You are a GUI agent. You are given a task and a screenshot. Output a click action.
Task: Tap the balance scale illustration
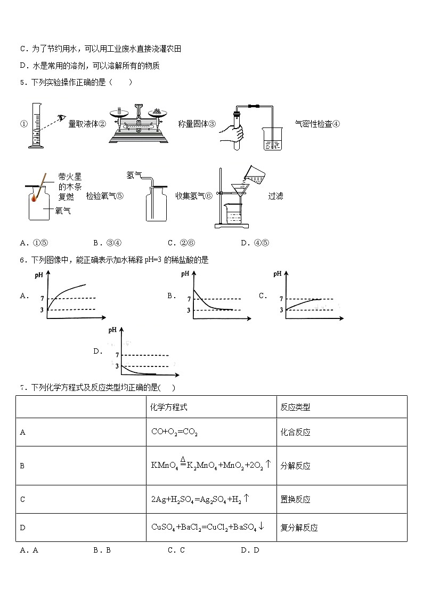[x=138, y=125]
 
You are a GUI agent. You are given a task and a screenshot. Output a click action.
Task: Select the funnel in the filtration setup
[x=240, y=190]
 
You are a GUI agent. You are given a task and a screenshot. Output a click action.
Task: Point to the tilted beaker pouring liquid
[x=254, y=175]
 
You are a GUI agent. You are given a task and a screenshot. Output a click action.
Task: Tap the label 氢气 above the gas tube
[x=134, y=174]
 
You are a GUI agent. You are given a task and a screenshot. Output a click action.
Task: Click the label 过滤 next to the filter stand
[x=275, y=196]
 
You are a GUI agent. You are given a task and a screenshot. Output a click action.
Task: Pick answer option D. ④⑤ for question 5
[x=255, y=243]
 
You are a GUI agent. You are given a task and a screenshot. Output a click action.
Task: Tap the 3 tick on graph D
[x=117, y=366]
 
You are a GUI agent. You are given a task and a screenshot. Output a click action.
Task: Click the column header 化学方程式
[x=169, y=407]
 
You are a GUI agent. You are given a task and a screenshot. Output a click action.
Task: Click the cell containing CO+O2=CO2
[x=174, y=433]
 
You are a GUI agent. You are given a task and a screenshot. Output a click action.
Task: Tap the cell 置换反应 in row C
[x=295, y=500]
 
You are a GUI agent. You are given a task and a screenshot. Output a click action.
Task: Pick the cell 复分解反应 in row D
[x=299, y=528]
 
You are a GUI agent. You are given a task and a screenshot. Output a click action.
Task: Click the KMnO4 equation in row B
[x=211, y=465]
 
